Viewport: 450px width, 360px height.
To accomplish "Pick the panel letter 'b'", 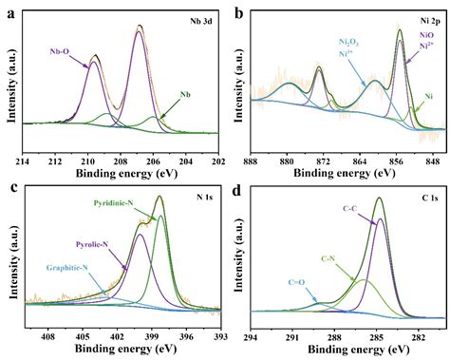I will [237, 12].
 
